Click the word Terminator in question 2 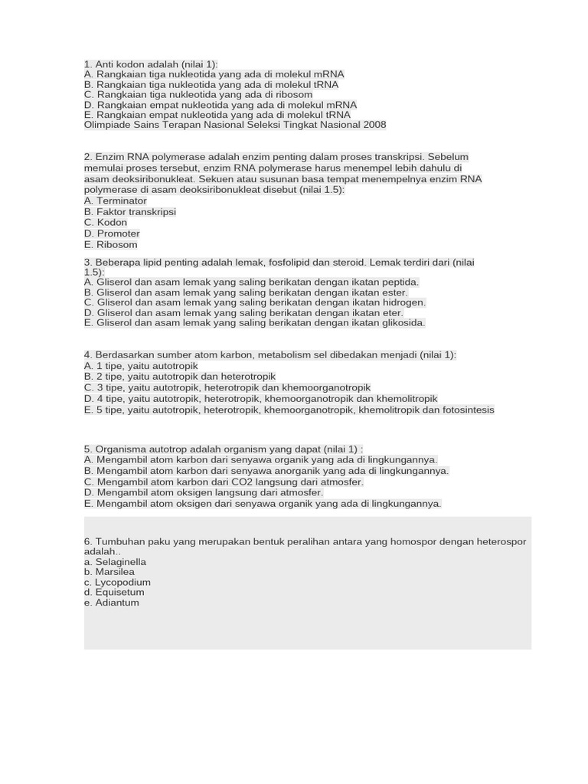click(x=121, y=201)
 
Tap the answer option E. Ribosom click(x=111, y=245)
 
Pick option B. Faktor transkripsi click(x=130, y=212)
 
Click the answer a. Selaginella click(x=115, y=562)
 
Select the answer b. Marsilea click(x=109, y=572)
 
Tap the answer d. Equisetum click(x=114, y=593)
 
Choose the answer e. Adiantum click(x=112, y=603)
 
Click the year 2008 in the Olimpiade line click(x=374, y=125)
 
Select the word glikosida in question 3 click(x=403, y=322)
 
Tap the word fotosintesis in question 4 click(x=468, y=410)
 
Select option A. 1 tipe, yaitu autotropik click(x=141, y=366)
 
